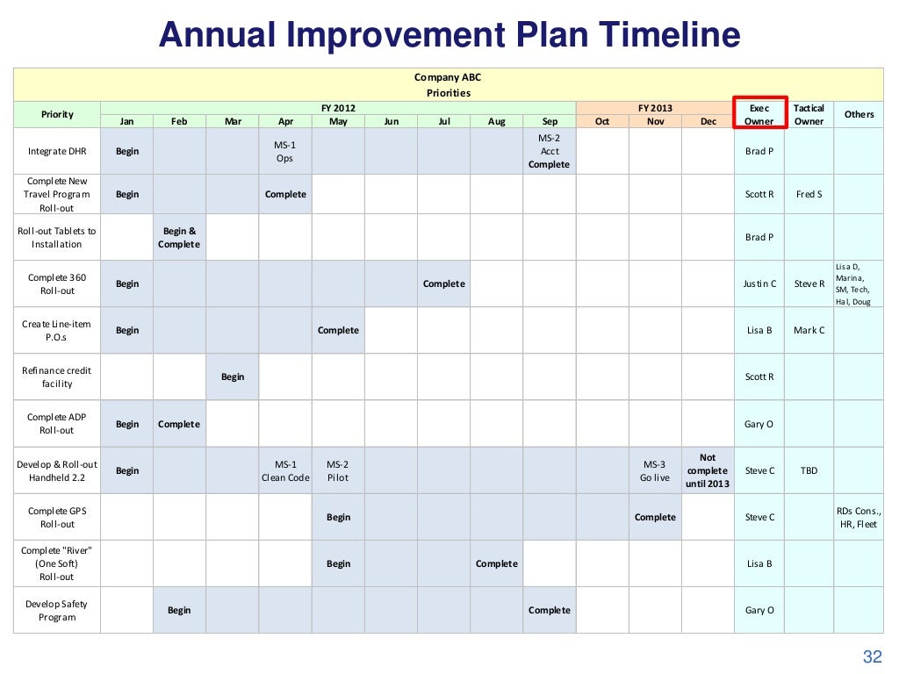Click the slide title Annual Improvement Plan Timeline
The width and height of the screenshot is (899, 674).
pyautogui.click(x=449, y=36)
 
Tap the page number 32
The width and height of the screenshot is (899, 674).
pyautogui.click(x=872, y=657)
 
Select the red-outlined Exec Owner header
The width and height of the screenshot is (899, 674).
pyautogui.click(x=759, y=114)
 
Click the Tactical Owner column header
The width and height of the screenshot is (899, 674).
pyautogui.click(x=809, y=114)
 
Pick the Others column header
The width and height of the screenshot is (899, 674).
pyautogui.click(x=859, y=114)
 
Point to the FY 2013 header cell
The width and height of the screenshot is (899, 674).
pyautogui.click(x=655, y=108)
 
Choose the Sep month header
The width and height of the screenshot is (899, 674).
pyautogui.click(x=550, y=121)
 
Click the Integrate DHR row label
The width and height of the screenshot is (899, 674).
pyautogui.click(x=56, y=151)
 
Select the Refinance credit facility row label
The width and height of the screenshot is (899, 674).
pyautogui.click(x=56, y=376)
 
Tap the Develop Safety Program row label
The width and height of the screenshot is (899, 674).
pyautogui.click(x=56, y=610)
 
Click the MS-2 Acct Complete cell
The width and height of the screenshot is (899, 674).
pyautogui.click(x=550, y=151)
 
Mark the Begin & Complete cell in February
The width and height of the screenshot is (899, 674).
pyautogui.click(x=179, y=237)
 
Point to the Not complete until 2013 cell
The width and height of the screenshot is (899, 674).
pyautogui.click(x=708, y=470)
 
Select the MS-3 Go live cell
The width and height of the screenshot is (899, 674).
pyautogui.click(x=655, y=470)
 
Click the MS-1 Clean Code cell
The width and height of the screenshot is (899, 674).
pyautogui.click(x=285, y=470)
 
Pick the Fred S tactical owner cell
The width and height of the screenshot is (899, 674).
pyautogui.click(x=809, y=194)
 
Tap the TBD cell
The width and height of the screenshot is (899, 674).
pyautogui.click(x=809, y=470)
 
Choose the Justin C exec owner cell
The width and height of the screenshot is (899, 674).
pyautogui.click(x=759, y=283)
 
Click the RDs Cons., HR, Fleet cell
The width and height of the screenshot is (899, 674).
pyautogui.click(x=859, y=517)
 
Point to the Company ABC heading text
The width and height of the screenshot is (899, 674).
pyautogui.click(x=448, y=77)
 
